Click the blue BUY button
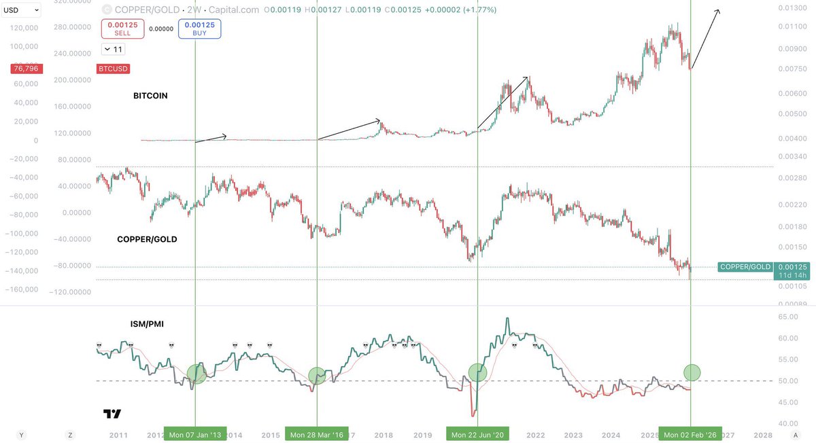point(200,29)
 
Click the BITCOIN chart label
point(150,96)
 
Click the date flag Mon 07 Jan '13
point(195,435)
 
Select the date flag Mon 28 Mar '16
point(317,435)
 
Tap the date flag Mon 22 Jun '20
point(477,435)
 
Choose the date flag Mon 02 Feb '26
point(690,435)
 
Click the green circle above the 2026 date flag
point(692,372)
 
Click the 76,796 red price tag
point(25,69)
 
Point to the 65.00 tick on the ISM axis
point(787,317)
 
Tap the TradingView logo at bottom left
point(112,414)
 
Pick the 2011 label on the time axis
point(118,435)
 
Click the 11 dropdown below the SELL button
point(114,49)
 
